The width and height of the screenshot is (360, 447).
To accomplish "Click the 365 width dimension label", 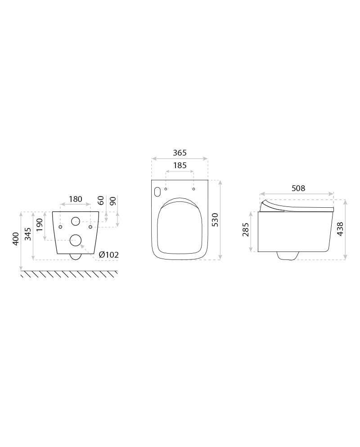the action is tap(180, 153).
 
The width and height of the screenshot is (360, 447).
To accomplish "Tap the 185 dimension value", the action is tap(180, 165).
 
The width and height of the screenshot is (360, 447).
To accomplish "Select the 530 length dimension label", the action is tap(216, 219).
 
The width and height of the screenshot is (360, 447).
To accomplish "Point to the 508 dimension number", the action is tap(298, 188).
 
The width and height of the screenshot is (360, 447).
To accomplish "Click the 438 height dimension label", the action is tap(340, 229).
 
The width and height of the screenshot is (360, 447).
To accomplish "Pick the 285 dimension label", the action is tap(246, 229).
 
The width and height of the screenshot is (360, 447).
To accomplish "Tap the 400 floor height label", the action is tap(16, 239).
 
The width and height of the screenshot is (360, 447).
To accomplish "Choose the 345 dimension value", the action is tap(27, 234).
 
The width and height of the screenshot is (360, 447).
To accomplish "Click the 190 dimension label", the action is tap(39, 225).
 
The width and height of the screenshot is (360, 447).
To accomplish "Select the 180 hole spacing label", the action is tap(75, 199).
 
